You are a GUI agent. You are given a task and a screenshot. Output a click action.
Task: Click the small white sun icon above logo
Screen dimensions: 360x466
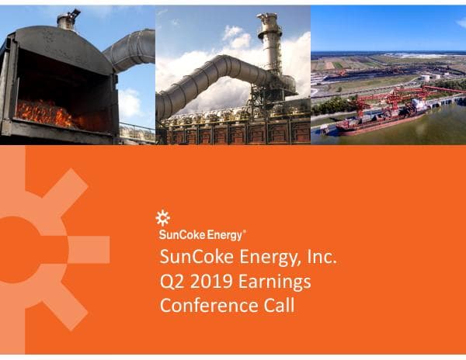(x=163, y=218)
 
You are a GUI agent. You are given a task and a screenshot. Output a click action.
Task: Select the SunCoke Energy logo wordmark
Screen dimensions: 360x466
(x=200, y=234)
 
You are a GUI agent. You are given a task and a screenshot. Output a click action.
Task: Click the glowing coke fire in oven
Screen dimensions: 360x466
(x=47, y=115)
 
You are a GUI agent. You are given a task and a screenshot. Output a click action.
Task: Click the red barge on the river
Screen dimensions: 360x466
(x=373, y=123)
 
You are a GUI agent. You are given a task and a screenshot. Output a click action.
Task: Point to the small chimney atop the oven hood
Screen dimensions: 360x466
(x=68, y=19)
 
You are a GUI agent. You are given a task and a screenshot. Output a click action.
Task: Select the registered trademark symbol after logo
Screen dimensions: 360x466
(x=245, y=230)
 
